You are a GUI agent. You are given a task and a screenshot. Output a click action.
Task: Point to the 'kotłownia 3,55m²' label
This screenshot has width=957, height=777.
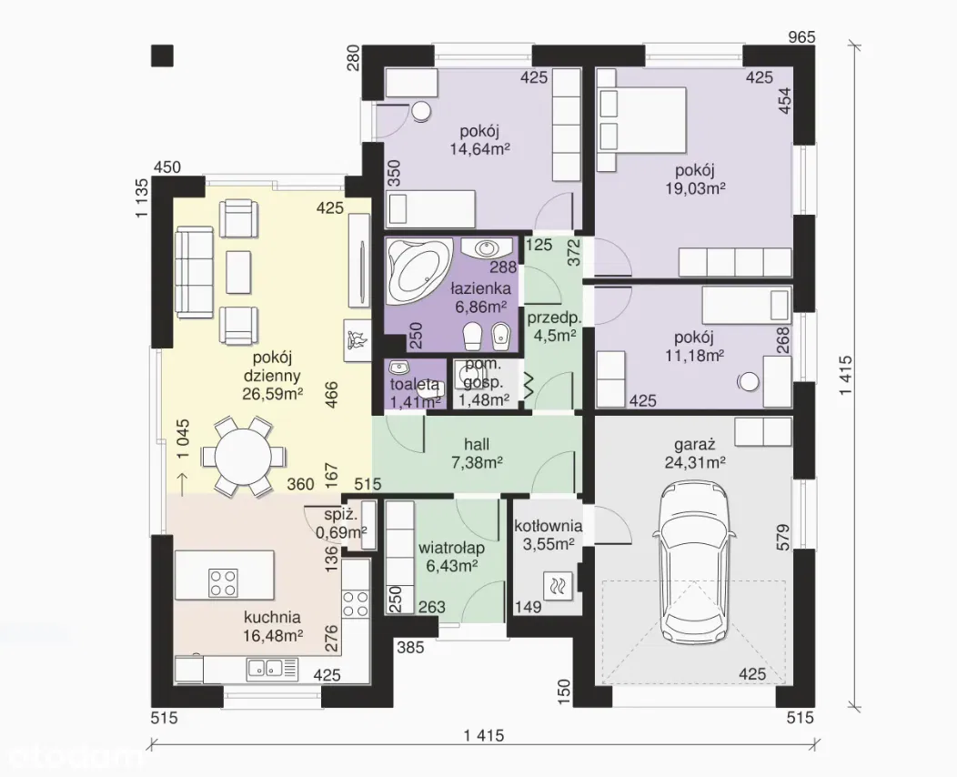(548, 535)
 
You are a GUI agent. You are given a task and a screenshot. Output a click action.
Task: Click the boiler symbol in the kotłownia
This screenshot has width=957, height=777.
(559, 587)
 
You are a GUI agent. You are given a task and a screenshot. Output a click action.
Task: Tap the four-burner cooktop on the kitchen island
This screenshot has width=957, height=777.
(223, 582)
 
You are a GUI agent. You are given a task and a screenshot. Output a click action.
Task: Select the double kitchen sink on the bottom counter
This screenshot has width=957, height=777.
(272, 669)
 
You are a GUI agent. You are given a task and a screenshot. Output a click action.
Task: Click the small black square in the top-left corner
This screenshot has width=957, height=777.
(162, 55)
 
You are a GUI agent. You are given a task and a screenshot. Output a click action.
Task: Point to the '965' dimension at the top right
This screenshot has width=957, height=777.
(801, 36)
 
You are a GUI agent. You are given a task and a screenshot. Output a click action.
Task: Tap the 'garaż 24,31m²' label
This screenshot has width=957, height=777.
(695, 453)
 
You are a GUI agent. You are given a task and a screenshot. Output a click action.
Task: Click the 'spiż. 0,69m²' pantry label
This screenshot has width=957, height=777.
(340, 523)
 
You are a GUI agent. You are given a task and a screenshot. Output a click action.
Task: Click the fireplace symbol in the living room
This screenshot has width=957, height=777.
(357, 339)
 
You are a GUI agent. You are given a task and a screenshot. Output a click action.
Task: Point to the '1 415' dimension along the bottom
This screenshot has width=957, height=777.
(484, 735)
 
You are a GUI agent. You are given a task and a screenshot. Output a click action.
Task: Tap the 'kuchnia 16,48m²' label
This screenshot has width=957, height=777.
(272, 626)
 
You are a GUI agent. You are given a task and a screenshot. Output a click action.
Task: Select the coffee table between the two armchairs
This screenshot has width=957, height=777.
(238, 272)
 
